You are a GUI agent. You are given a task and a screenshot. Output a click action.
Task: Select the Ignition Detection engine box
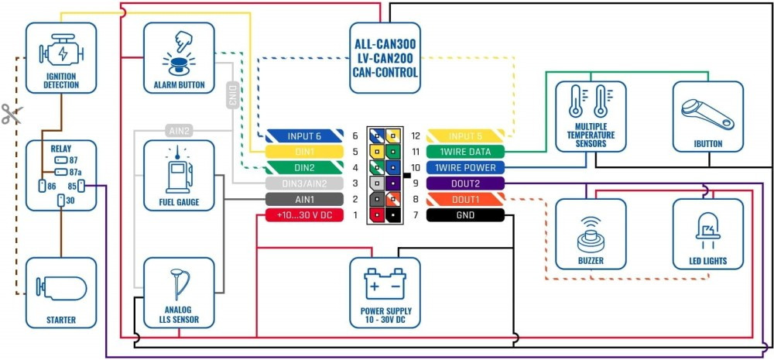pos(61,57)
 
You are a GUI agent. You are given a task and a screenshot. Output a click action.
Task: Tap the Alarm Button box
pos(179,58)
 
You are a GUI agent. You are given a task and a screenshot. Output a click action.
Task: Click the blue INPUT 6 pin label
pos(304,136)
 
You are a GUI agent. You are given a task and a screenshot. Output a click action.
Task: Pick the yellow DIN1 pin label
pos(304,152)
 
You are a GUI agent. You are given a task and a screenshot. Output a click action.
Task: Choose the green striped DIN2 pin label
pos(304,167)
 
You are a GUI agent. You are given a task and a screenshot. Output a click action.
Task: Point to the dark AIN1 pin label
pos(304,199)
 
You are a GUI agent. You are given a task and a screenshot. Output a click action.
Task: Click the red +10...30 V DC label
pos(304,215)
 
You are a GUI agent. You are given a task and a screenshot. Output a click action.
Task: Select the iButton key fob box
pos(707,117)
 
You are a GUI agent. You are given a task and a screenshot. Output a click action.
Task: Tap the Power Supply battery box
pos(385,292)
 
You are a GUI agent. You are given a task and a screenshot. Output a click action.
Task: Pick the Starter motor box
pos(61,293)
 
